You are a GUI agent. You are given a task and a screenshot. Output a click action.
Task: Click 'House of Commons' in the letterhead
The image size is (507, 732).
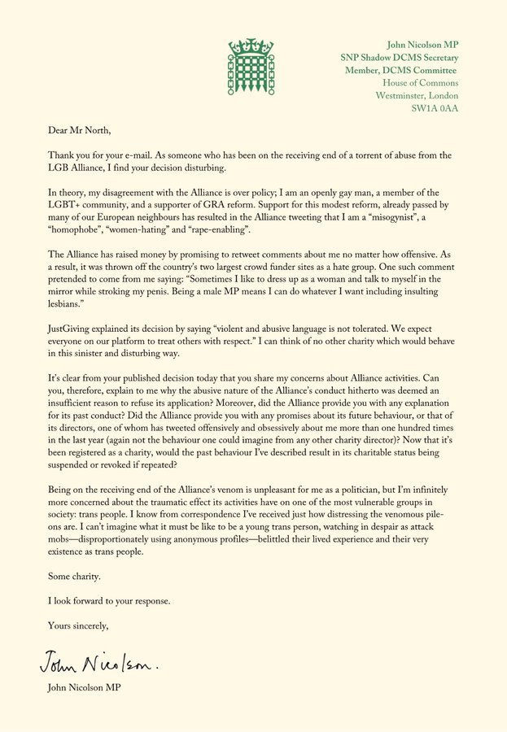[421, 82]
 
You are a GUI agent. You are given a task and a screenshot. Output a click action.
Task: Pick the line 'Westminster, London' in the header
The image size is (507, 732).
[417, 95]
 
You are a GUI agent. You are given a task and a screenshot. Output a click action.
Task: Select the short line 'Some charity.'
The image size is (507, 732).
[68, 576]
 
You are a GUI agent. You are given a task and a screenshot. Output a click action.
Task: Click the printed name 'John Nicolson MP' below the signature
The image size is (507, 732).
[83, 691]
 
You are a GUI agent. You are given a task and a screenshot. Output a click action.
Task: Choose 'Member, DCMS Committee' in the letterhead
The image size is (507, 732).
[401, 70]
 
